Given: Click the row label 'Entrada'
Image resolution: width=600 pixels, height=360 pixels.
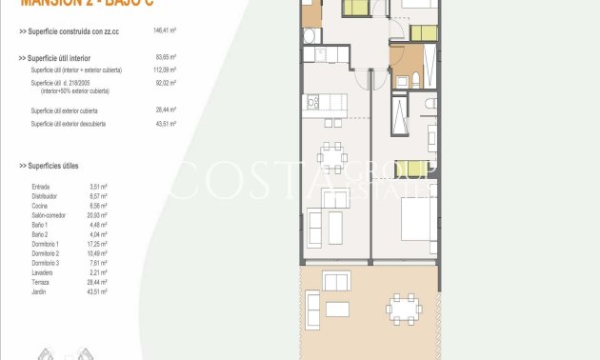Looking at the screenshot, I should point(41,187).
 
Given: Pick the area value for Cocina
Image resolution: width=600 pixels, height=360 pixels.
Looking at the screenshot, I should point(98,206).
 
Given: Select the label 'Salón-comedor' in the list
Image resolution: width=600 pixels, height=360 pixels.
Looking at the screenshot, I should point(48,215).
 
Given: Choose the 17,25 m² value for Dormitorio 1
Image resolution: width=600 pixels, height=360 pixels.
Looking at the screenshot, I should point(99,244).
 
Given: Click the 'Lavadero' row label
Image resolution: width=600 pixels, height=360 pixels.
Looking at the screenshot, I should point(43,272).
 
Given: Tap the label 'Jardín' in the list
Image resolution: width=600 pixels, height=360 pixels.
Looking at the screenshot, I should point(40,291).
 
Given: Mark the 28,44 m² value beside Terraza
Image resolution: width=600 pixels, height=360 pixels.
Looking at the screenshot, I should point(99,282).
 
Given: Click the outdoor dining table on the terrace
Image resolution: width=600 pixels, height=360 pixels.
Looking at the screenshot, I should point(404,308).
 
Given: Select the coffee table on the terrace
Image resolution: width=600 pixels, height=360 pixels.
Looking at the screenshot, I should point(338,309).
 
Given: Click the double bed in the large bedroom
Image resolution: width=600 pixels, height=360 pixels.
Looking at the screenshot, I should point(417,222).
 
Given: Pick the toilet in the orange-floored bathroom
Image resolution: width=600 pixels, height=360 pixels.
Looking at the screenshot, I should point(402,83).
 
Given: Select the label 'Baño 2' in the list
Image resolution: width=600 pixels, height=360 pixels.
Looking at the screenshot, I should point(40,234).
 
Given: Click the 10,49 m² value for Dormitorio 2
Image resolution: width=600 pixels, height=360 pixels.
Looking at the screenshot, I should point(99,253).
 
